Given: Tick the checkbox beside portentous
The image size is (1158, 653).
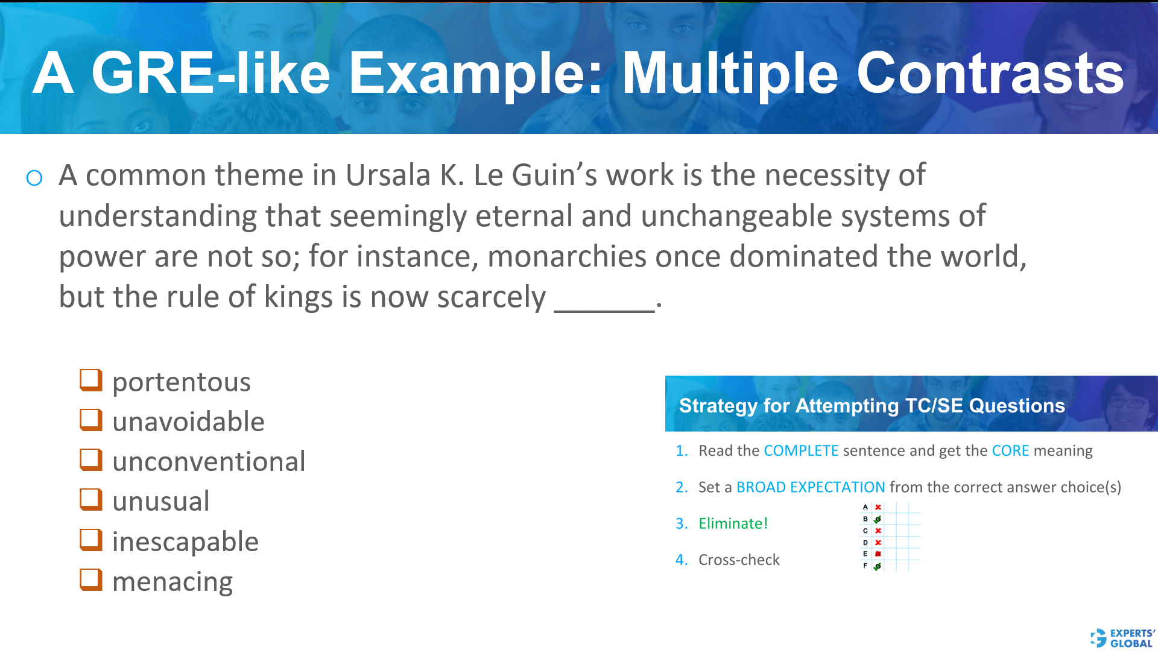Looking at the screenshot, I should (91, 380).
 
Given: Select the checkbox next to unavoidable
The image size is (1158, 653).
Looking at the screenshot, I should (91, 420).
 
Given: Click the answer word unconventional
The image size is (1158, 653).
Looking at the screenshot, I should (209, 461).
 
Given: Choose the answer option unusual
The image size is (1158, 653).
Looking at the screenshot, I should (160, 501).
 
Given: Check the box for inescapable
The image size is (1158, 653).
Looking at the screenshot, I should (91, 540).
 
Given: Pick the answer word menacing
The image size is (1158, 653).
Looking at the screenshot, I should (172, 581).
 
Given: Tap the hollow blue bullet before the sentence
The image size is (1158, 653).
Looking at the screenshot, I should (34, 178).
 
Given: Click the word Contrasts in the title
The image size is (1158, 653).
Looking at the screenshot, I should (990, 74).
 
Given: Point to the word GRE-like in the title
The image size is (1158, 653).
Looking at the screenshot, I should (210, 74).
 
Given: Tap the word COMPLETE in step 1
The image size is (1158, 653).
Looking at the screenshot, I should (801, 451).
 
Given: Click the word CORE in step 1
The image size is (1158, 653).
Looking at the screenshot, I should (1010, 451).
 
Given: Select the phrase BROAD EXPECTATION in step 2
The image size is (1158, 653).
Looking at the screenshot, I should (811, 487).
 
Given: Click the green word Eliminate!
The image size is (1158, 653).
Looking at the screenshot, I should (733, 523).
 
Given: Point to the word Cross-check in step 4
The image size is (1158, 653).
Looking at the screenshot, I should (739, 560).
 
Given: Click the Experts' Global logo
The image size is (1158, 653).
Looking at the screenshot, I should (1122, 638).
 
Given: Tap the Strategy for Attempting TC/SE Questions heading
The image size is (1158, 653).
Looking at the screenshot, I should (872, 405).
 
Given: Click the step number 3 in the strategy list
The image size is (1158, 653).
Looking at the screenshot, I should (681, 523).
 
